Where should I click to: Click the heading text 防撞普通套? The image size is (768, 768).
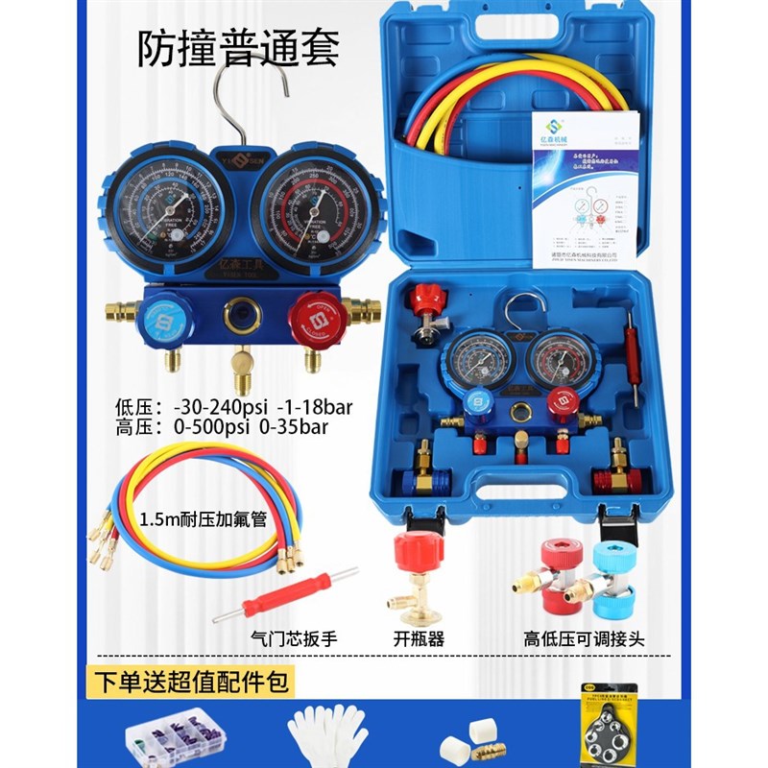click(x=239, y=47)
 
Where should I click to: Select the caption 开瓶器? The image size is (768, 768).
click(x=420, y=637)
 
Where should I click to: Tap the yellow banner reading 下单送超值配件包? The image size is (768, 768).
click(x=192, y=683)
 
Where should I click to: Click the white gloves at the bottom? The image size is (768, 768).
click(x=327, y=735)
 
